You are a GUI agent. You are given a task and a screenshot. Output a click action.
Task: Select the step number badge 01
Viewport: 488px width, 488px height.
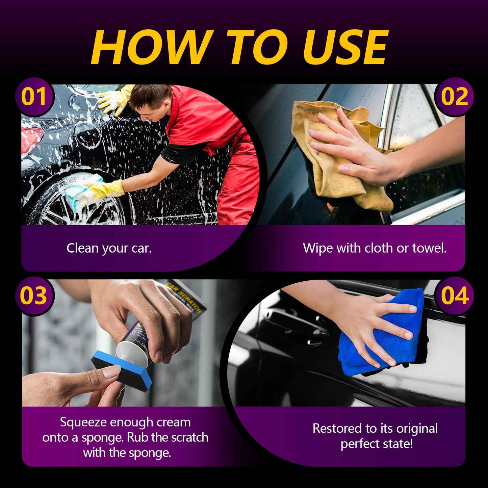pyautogui.click(x=34, y=97)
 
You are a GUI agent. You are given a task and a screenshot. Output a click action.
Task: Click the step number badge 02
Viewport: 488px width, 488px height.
pyautogui.click(x=454, y=97)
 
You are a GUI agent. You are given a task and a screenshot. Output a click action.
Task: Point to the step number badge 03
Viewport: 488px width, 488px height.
pyautogui.click(x=34, y=296)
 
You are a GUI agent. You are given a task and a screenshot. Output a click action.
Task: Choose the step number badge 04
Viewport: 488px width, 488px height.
pyautogui.click(x=454, y=296)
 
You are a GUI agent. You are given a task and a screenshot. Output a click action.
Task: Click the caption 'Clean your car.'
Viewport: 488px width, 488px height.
pyautogui.click(x=109, y=248)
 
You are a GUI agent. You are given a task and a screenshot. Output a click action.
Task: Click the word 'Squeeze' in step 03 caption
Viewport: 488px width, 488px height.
pyautogui.click(x=83, y=422)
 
